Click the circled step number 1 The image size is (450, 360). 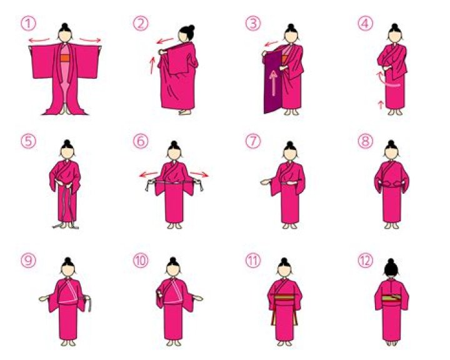[28, 24]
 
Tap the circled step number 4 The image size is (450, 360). [366, 24]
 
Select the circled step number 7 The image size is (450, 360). [253, 141]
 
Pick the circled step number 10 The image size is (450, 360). [141, 261]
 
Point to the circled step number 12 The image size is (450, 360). [366, 261]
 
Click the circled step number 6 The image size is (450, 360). [141, 141]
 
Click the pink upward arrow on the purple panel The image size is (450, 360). [273, 83]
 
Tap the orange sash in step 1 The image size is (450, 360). [65, 58]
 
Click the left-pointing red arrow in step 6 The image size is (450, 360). [149, 174]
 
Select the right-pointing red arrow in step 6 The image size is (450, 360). [199, 174]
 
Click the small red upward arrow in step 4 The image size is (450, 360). [381, 105]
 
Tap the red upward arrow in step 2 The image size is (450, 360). [152, 66]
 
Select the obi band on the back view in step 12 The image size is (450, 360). [391, 299]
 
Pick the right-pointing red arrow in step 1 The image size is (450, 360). [90, 40]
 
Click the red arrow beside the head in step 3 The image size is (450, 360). [271, 44]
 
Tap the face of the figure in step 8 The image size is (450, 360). [391, 152]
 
